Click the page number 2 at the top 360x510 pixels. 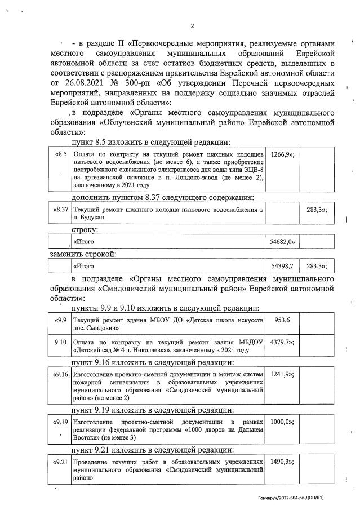[192, 25]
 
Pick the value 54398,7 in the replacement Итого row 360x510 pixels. [282, 266]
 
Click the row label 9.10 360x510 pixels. [60, 342]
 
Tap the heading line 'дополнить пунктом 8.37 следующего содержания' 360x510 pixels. [162, 197]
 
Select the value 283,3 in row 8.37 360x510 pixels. [316, 210]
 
